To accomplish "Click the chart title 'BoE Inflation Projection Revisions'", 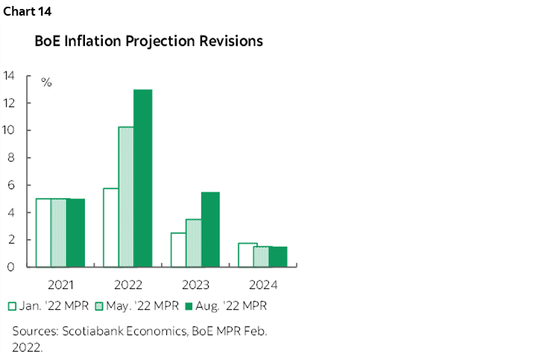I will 149,42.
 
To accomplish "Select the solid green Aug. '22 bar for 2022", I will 142,178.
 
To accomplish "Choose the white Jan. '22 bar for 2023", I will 178,250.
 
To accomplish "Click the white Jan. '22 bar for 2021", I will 43,233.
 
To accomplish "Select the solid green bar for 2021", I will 75,233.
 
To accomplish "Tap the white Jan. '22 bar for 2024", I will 247,255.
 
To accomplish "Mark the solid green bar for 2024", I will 279,256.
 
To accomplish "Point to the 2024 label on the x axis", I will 263,285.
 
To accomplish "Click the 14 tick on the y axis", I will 10,76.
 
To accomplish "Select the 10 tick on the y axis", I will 10,130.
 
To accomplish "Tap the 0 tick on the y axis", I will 13,267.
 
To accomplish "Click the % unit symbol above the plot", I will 46,83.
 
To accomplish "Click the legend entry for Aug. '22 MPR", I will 226,306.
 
